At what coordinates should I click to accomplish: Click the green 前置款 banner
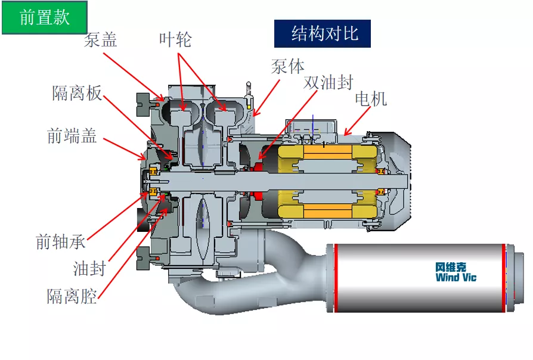coord(45,17)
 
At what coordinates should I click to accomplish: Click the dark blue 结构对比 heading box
coord(323,33)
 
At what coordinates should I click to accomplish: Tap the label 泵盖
coord(100,40)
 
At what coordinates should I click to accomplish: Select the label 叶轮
coord(175,40)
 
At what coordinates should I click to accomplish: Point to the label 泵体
coord(287,66)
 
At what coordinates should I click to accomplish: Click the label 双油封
coord(328,82)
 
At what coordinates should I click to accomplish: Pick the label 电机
coord(370,99)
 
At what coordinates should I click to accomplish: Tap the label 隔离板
coord(77,93)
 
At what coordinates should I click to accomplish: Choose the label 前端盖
coord(72,136)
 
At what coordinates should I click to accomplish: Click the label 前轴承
coord(60,242)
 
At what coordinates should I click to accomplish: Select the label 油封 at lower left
coord(89,269)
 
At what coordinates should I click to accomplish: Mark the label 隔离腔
coord(72,296)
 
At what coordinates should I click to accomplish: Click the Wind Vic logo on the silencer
coord(455,272)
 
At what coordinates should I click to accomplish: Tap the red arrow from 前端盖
coord(125,149)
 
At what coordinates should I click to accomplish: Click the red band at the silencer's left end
coord(336,278)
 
